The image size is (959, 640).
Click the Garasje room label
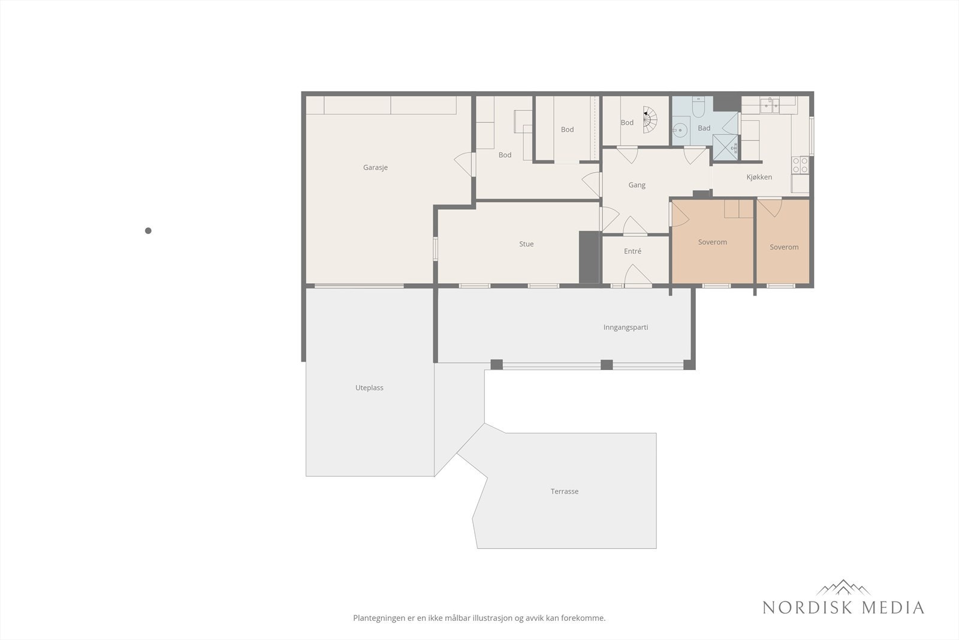(x=375, y=167)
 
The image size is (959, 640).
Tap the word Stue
(x=526, y=244)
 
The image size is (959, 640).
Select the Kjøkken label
(x=759, y=177)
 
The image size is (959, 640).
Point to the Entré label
(x=632, y=251)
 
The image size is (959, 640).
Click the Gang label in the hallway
(x=637, y=185)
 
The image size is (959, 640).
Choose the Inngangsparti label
(x=626, y=327)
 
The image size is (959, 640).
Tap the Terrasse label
(x=564, y=491)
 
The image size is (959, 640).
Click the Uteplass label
(x=369, y=387)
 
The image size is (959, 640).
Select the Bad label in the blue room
(x=704, y=128)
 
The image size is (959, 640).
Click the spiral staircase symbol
(x=650, y=119)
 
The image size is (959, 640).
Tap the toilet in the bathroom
(x=698, y=107)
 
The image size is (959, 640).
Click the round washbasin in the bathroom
(x=680, y=130)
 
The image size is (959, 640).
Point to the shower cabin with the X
(x=725, y=148)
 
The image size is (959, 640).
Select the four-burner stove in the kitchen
(x=800, y=165)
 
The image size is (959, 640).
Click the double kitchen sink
(x=770, y=105)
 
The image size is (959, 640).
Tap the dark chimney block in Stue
(x=589, y=257)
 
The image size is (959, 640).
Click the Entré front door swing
(x=638, y=274)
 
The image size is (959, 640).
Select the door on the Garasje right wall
(x=465, y=164)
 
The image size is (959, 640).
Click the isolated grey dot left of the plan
(x=148, y=231)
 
